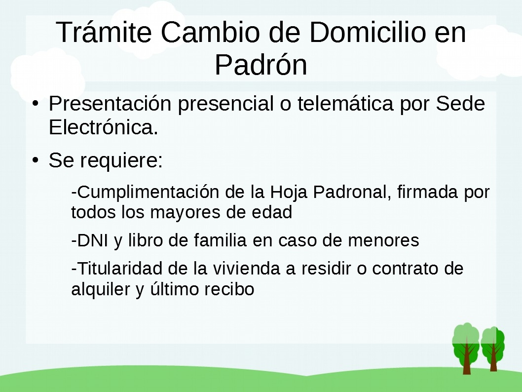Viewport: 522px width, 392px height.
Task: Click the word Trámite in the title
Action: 104,32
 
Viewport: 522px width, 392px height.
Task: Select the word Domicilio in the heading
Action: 368,32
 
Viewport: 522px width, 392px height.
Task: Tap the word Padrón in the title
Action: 261,65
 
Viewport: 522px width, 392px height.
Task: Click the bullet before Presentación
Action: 36,103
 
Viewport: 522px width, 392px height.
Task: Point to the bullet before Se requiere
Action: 36,160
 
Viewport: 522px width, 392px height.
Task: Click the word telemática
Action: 345,103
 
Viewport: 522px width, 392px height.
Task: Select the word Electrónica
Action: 104,127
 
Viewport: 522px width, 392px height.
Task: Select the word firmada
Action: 428,192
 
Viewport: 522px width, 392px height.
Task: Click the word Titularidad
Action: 119,269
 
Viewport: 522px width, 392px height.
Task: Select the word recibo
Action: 229,289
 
